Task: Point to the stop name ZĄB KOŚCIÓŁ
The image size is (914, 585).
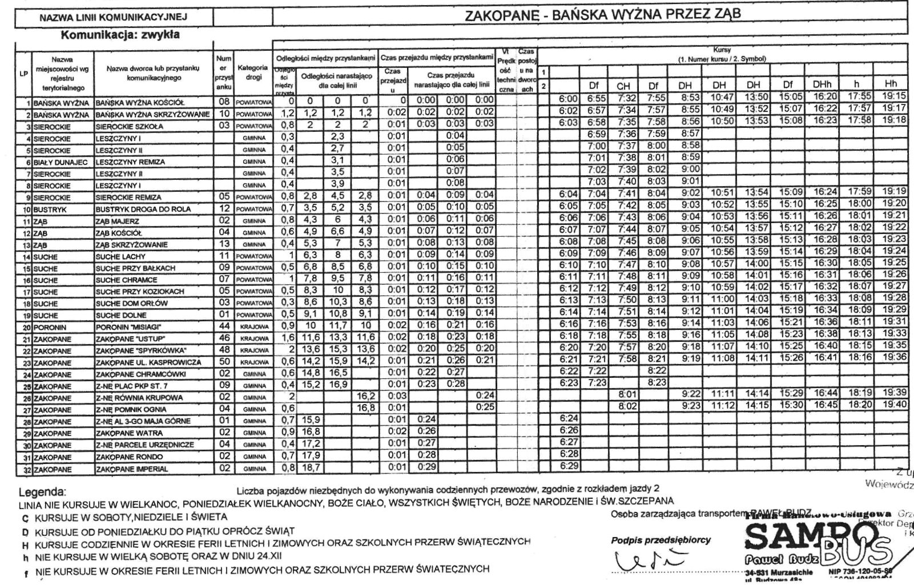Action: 118,233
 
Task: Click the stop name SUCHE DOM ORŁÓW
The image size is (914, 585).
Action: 131,303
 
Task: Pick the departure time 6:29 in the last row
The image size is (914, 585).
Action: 569,466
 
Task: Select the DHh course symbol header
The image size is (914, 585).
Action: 823,85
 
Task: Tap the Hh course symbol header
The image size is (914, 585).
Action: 890,84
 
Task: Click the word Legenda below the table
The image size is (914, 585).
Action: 42,492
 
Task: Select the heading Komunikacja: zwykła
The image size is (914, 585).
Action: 120,34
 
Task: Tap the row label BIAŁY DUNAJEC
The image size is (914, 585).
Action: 60,162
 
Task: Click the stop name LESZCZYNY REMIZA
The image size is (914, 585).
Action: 130,162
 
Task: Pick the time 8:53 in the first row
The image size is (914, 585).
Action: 690,98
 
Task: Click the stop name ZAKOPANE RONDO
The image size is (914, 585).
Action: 129,457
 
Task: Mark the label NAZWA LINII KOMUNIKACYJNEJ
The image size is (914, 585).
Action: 113,18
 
